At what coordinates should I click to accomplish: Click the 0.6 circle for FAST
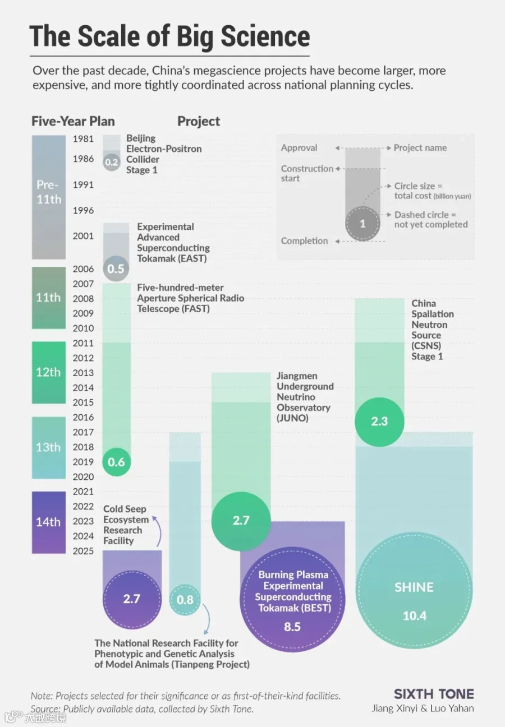[116, 461]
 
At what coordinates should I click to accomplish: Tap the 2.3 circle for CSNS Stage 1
[379, 422]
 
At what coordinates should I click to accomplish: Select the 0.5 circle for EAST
[116, 268]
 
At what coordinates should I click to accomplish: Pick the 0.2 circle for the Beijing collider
[112, 162]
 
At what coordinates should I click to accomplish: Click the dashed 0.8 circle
[185, 600]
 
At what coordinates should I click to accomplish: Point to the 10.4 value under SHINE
[414, 615]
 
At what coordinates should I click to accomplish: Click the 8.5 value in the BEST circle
[292, 627]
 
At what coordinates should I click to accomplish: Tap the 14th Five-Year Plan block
[49, 522]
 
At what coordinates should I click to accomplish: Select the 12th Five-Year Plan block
[49, 372]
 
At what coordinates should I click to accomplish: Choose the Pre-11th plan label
[49, 192]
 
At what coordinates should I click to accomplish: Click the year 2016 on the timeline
[83, 417]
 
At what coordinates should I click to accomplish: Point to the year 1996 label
[83, 210]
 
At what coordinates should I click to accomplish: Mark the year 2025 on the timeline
[83, 551]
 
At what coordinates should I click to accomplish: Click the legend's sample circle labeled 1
[362, 223]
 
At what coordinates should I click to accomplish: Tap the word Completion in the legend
[304, 241]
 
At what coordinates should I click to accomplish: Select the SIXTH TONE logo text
[434, 694]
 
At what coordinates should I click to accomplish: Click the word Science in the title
[265, 36]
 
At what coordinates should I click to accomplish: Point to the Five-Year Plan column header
[73, 122]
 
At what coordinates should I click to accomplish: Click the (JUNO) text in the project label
[292, 418]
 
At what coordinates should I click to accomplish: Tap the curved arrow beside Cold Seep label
[159, 531]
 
